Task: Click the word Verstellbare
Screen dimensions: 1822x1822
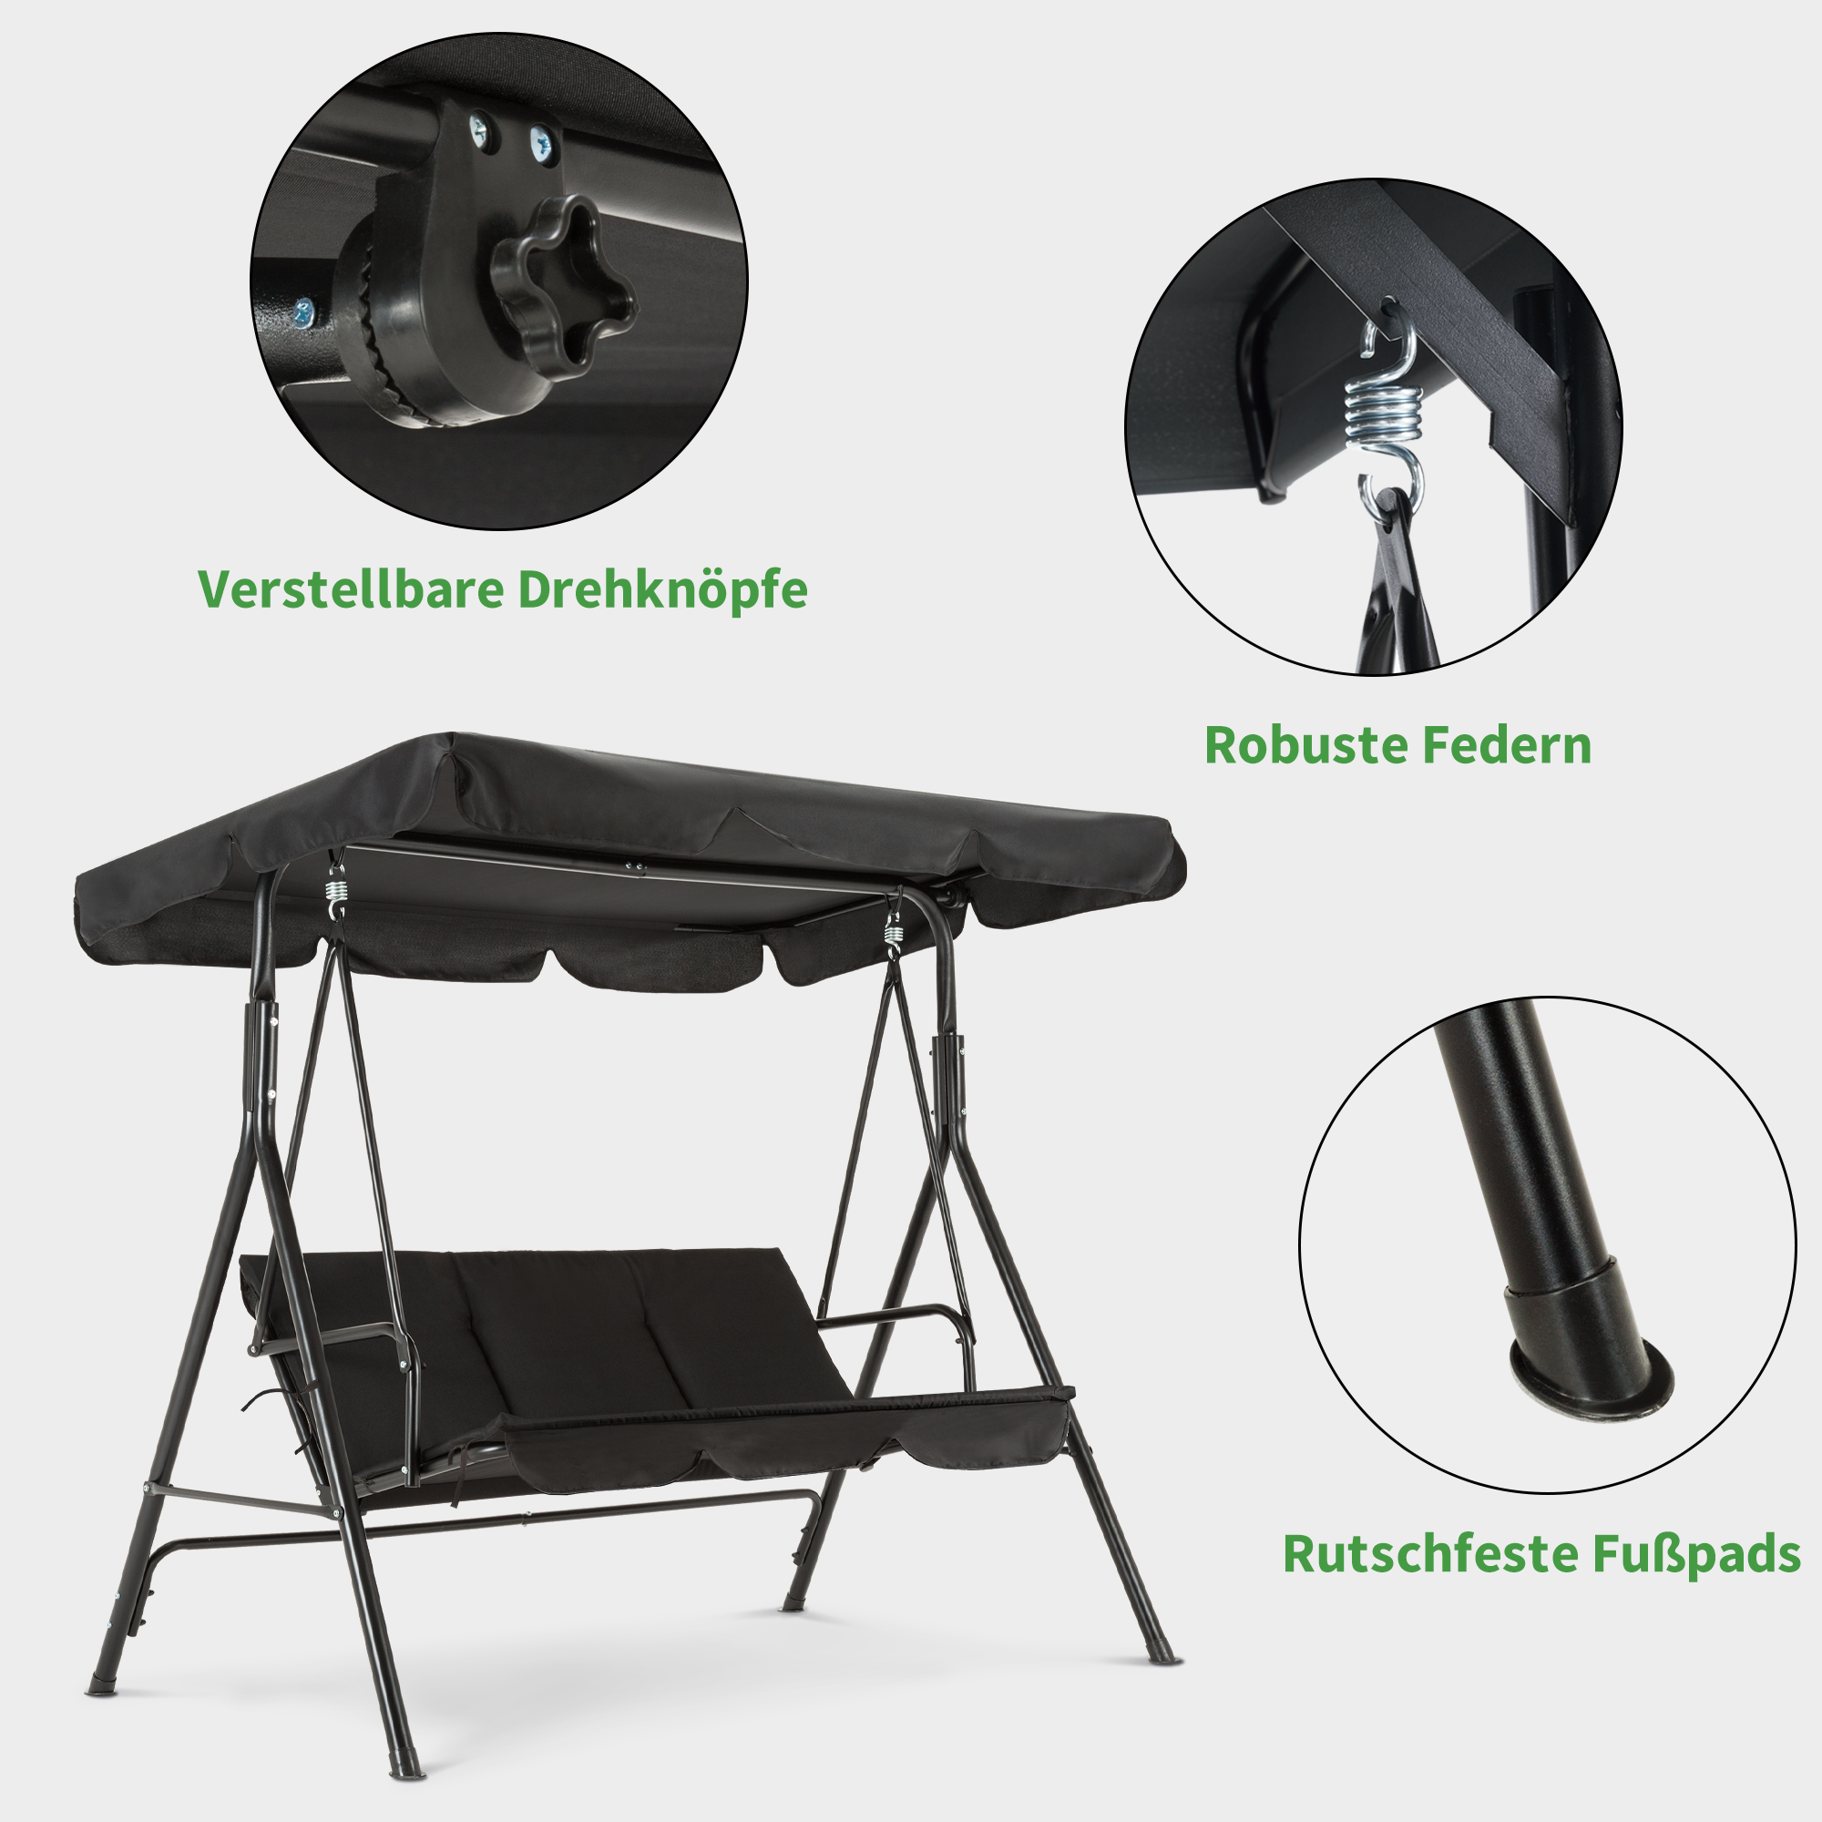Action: tap(349, 589)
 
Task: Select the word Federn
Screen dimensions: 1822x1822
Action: tap(1507, 745)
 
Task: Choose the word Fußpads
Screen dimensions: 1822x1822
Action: tap(1696, 1555)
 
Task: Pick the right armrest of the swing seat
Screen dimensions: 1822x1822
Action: tap(896, 1320)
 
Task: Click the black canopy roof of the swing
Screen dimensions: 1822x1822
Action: tap(622, 802)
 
